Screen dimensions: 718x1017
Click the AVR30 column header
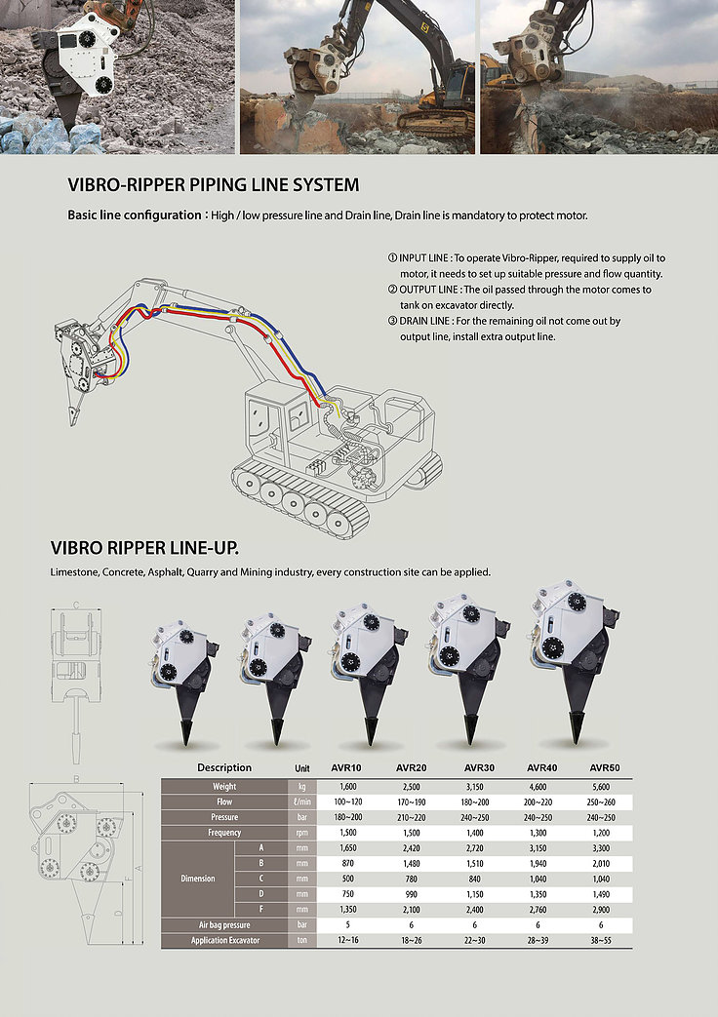point(479,767)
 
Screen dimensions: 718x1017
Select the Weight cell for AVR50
point(601,787)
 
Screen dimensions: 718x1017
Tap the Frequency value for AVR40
point(538,833)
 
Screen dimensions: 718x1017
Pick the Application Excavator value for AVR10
point(348,941)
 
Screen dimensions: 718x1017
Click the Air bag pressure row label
point(224,925)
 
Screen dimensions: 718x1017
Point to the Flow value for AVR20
point(411,802)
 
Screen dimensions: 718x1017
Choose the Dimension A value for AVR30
point(474,848)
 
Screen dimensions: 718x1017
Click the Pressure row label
point(224,817)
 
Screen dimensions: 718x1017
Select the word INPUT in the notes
point(414,258)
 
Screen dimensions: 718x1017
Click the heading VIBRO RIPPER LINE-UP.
point(144,548)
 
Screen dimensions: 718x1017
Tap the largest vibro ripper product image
point(574,661)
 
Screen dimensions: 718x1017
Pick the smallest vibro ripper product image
point(184,680)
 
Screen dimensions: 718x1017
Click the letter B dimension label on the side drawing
point(76,779)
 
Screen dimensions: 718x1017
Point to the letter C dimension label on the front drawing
point(76,606)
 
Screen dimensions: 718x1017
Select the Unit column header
point(301,768)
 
